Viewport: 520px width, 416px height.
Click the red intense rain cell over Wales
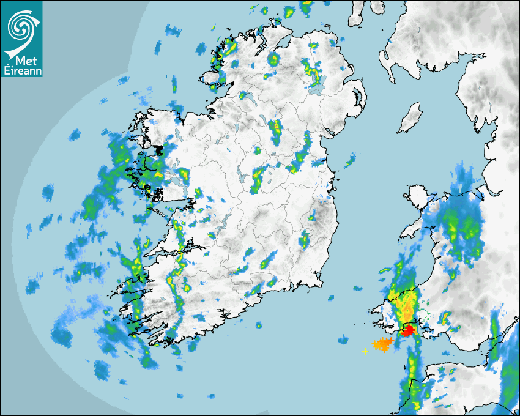pos(409,330)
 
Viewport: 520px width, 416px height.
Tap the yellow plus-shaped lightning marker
pos(365,351)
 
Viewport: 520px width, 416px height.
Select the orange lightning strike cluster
pos(383,344)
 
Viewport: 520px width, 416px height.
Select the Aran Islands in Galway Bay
pos(160,215)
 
